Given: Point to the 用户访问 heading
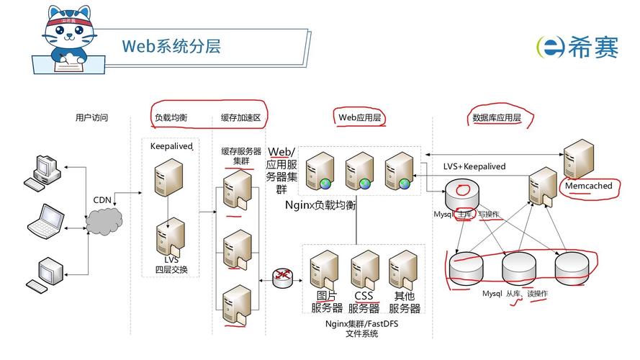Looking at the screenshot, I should pyautogui.click(x=92, y=117).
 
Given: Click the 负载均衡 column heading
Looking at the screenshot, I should pyautogui.click(x=171, y=117).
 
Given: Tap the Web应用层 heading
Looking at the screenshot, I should pyautogui.click(x=359, y=117).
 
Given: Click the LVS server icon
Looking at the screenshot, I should pyautogui.click(x=171, y=236).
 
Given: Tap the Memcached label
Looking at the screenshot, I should pyautogui.click(x=588, y=186).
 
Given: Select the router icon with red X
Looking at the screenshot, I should pyautogui.click(x=284, y=276).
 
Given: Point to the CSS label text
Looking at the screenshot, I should pyautogui.click(x=363, y=296).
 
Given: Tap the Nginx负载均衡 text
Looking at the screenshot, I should pyautogui.click(x=320, y=205).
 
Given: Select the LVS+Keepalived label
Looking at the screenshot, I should pyautogui.click(x=474, y=166).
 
